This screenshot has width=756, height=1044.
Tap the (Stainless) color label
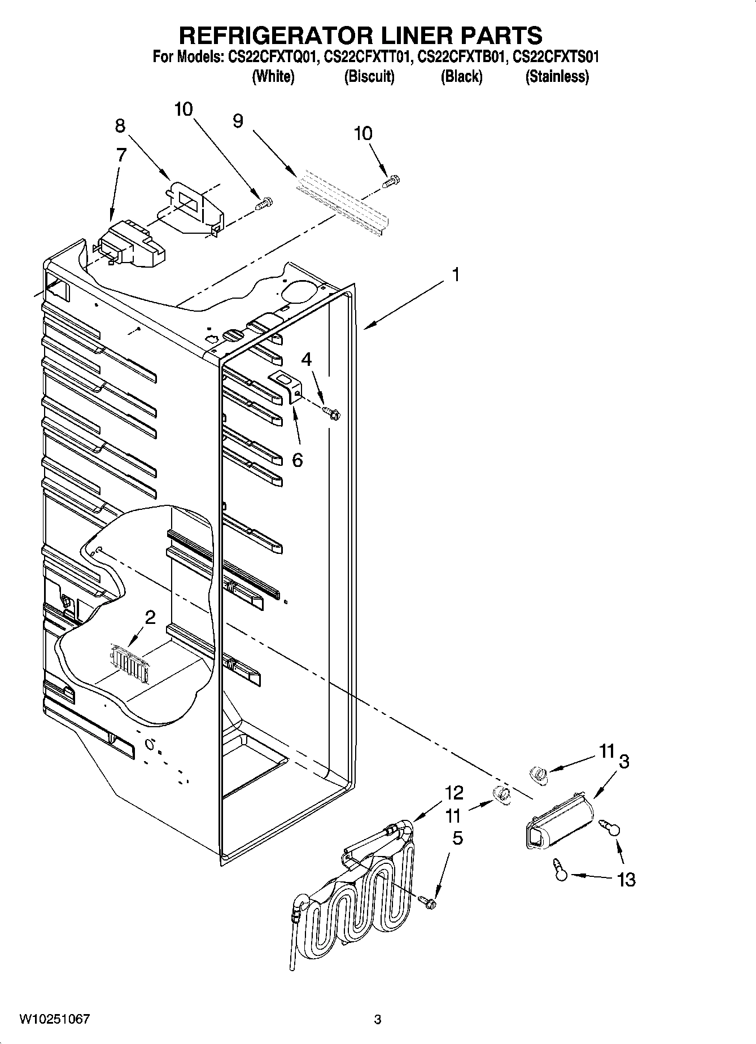557,77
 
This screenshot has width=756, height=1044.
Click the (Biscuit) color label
369,77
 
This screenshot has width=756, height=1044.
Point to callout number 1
455,275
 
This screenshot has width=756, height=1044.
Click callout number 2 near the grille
150,617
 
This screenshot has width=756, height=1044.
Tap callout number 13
627,879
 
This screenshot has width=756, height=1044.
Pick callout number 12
453,793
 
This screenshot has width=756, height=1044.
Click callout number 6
297,460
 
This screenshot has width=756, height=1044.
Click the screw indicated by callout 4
331,413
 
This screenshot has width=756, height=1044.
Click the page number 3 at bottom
378,1019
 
